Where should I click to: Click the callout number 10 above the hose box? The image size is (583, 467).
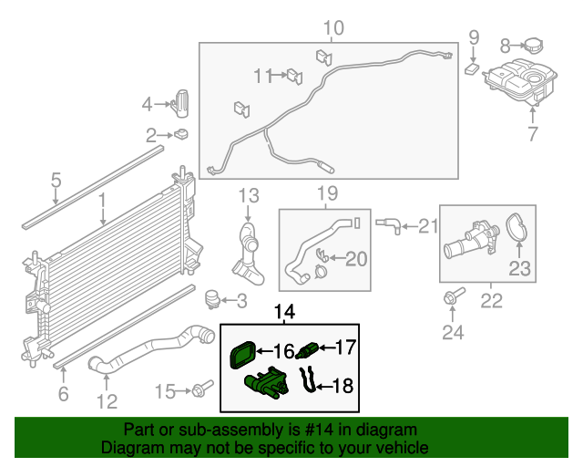click(333, 28)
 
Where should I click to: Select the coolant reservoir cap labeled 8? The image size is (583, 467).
click(533, 44)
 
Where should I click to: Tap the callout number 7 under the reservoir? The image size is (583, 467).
click(534, 135)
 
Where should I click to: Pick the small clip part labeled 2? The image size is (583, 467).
click(180, 135)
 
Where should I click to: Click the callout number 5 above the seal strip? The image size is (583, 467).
click(56, 180)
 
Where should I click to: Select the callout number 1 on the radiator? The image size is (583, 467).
click(103, 199)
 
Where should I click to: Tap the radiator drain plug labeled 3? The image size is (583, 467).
click(214, 299)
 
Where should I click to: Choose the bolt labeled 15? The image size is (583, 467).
click(199, 392)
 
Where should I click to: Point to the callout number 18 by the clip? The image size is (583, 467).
click(342, 386)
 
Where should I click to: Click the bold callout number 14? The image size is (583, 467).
click(285, 314)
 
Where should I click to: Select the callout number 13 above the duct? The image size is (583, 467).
click(249, 195)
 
